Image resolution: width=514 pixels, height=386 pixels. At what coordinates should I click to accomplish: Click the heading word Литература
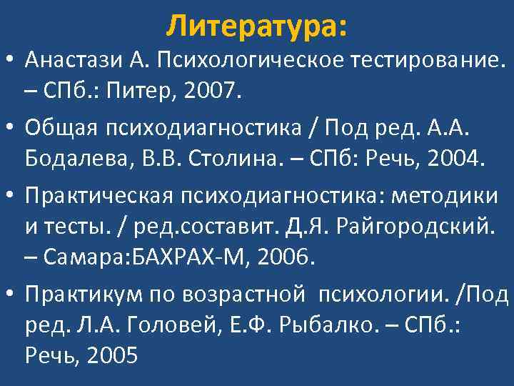click(253, 26)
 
